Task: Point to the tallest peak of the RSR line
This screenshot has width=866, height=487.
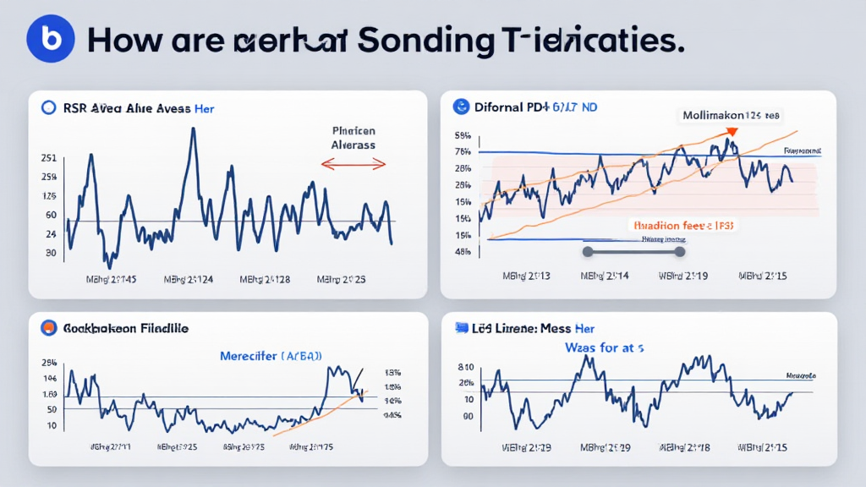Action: (193, 130)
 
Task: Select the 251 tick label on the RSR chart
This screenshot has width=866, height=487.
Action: (49, 158)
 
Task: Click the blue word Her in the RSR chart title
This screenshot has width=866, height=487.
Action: (204, 108)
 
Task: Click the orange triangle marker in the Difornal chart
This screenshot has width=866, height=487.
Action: (732, 132)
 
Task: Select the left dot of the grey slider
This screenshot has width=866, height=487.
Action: (585, 250)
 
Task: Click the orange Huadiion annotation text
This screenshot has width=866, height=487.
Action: (682, 226)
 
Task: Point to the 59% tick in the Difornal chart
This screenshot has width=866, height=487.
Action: (463, 135)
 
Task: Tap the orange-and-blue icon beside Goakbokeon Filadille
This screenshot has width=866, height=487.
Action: (48, 327)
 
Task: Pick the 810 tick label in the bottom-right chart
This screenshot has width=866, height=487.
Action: (465, 367)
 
